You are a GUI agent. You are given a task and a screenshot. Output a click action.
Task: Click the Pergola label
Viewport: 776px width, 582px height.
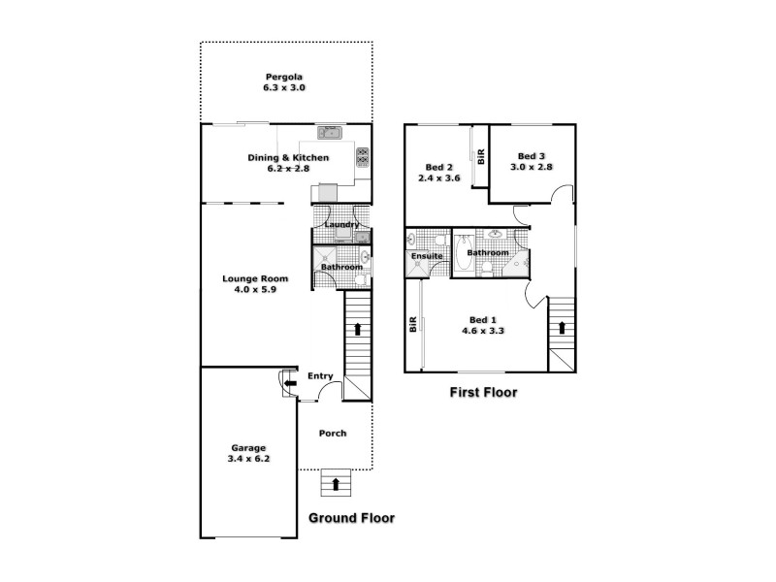284,77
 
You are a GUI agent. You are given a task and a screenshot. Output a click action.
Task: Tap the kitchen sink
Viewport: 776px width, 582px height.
329,133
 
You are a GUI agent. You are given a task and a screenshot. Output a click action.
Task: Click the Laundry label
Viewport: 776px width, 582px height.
341,225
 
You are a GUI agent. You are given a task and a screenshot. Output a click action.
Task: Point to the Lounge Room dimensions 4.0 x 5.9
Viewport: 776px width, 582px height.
250,289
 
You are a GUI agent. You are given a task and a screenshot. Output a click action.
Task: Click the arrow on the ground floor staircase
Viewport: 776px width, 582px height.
358,329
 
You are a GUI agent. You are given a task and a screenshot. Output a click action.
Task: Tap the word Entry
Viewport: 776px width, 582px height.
320,376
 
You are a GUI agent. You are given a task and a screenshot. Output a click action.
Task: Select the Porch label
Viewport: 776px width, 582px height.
333,433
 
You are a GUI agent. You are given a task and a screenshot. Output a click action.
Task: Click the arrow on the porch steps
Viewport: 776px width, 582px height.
337,482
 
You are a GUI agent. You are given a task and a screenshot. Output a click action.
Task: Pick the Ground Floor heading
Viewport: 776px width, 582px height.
351,518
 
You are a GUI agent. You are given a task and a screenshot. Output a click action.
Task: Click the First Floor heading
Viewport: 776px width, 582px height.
483,393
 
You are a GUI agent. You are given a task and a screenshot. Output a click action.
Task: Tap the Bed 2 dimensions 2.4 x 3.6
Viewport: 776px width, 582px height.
438,178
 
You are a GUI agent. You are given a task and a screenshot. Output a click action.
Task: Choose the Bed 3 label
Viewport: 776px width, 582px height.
532,156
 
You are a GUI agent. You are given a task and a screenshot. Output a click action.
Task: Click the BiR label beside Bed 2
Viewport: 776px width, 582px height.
479,157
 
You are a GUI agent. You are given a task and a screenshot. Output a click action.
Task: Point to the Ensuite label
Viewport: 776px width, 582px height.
428,256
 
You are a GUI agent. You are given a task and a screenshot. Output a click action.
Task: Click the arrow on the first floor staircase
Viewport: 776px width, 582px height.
561,328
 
